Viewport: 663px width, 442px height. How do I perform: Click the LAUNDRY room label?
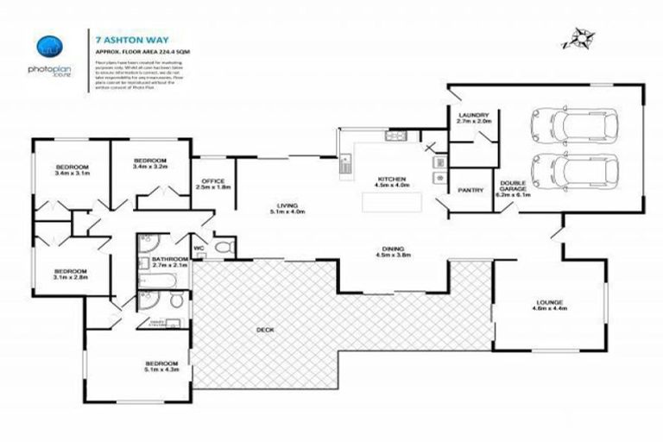pos(474,118)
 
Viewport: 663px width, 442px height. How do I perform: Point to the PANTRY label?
pos(470,190)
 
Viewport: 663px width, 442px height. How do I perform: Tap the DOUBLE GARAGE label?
pos(513,189)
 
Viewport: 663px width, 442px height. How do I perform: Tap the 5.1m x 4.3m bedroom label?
pos(161,366)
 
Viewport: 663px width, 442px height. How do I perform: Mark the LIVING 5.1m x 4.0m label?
pos(286,207)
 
